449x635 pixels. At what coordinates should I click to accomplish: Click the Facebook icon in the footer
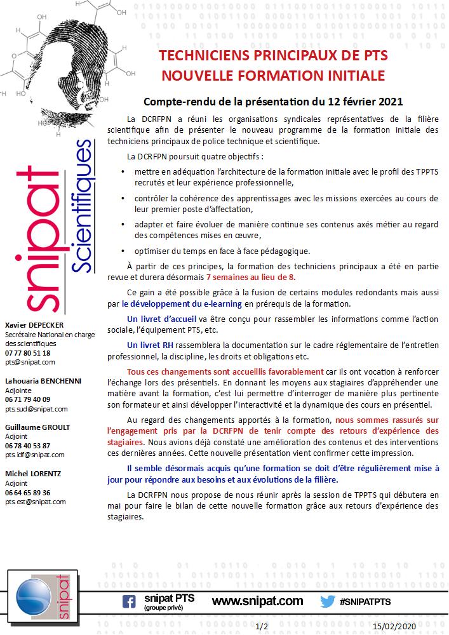[x=129, y=601]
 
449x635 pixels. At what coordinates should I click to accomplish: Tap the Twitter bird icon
[x=327, y=601]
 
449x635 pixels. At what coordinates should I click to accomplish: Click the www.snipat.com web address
[x=257, y=601]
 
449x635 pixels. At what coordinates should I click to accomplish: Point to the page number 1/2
[x=261, y=626]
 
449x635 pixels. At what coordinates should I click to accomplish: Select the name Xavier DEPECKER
[x=34, y=325]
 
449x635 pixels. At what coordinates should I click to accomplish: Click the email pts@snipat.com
[x=30, y=362]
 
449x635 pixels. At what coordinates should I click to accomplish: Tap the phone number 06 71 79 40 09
[x=28, y=399]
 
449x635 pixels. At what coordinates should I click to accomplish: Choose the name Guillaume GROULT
[x=37, y=427]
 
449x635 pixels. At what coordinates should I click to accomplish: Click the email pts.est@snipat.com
[x=36, y=502]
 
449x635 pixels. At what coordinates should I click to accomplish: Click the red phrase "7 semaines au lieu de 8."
[x=251, y=277]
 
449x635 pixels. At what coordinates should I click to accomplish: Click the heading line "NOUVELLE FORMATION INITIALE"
[x=273, y=76]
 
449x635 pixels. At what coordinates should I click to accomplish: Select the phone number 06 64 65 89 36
[x=28, y=492]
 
